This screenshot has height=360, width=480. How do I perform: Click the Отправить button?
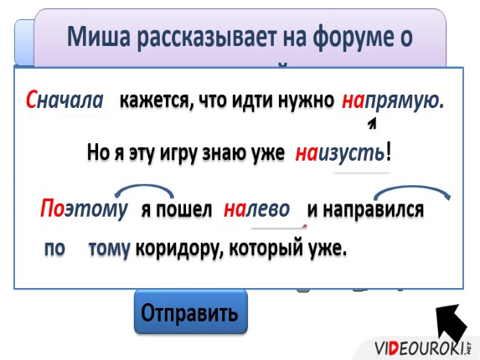pyautogui.click(x=190, y=314)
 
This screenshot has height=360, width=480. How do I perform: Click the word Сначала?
pyautogui.click(x=65, y=101)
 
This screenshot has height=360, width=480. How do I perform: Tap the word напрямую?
pyautogui.click(x=391, y=101)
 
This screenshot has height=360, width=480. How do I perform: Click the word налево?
pyautogui.click(x=256, y=208)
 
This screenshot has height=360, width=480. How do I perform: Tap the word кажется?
pyautogui.click(x=155, y=101)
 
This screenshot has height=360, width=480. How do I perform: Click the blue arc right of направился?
pyautogui.click(x=423, y=192)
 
